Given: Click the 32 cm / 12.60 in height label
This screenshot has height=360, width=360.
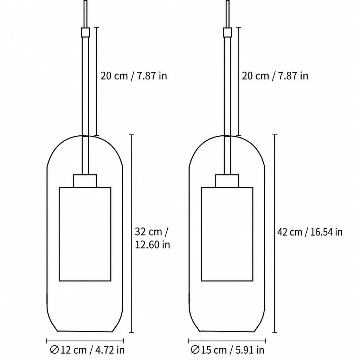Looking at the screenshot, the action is [153, 238].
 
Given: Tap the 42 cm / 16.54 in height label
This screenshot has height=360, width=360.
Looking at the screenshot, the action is [310, 232].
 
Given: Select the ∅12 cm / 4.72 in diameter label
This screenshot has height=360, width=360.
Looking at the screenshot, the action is [87, 350].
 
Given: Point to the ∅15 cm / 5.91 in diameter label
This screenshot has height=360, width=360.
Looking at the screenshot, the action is [227, 350].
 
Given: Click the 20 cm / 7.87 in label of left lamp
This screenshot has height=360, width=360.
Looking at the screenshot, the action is [134, 76].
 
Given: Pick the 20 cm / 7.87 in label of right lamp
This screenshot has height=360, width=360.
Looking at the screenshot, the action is [275, 76].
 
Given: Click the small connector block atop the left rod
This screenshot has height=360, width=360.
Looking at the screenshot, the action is [85, 32].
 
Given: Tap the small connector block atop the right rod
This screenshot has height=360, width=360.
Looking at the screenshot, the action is [227, 32].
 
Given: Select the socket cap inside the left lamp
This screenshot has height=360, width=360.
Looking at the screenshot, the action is [85, 181].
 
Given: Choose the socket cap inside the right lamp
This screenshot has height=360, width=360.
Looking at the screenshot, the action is [227, 181].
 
